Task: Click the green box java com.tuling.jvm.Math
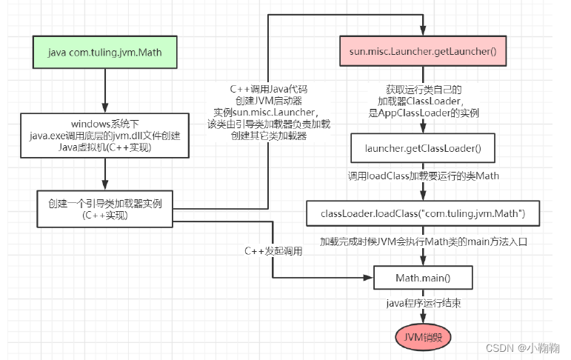pyautogui.click(x=104, y=52)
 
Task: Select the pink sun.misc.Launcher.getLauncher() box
pyautogui.click(x=421, y=52)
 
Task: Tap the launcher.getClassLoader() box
pyautogui.click(x=423, y=149)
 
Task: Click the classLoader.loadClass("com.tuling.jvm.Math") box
pyautogui.click(x=423, y=213)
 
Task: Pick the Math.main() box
pyautogui.click(x=422, y=279)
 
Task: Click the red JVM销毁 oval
pyautogui.click(x=423, y=338)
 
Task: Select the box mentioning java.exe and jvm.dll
pyautogui.click(x=104, y=135)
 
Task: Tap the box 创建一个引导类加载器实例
pyautogui.click(x=104, y=208)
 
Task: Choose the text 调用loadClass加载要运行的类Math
pyautogui.click(x=423, y=178)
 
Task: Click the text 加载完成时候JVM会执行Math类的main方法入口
pyautogui.click(x=423, y=242)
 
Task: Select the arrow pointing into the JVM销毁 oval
pyautogui.click(x=423, y=320)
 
